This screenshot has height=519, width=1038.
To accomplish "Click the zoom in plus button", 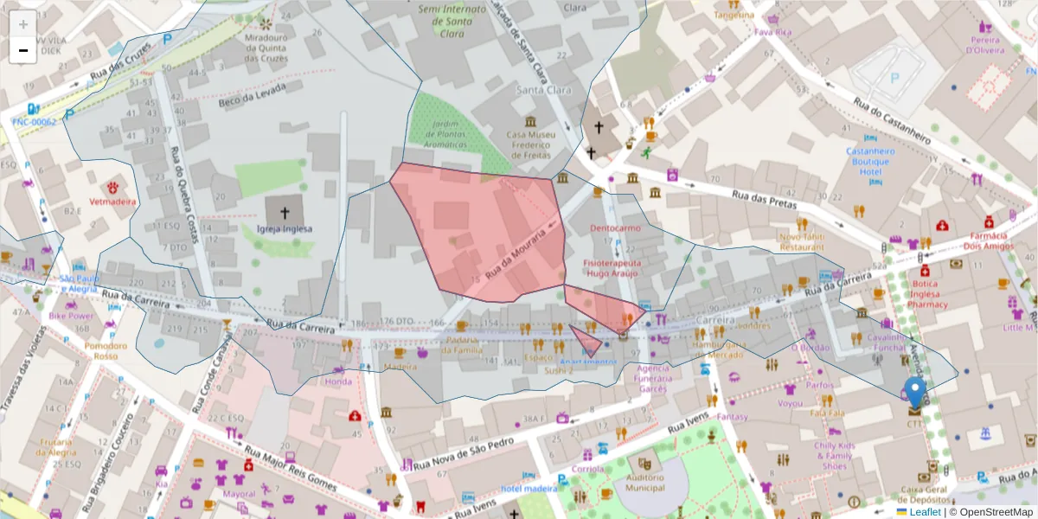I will pyautogui.click(x=23, y=24).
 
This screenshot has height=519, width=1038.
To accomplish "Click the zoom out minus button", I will pyautogui.click(x=23, y=50).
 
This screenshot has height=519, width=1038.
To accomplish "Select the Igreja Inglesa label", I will pyautogui.click(x=285, y=229).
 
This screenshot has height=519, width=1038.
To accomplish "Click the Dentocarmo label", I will pyautogui.click(x=614, y=228).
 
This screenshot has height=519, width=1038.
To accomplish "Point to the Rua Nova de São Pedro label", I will pyautogui.click(x=458, y=453).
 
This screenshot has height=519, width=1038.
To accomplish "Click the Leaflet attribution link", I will pyautogui.click(x=924, y=512).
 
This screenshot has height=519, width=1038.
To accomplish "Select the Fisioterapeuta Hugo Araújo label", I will pyautogui.click(x=611, y=267).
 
